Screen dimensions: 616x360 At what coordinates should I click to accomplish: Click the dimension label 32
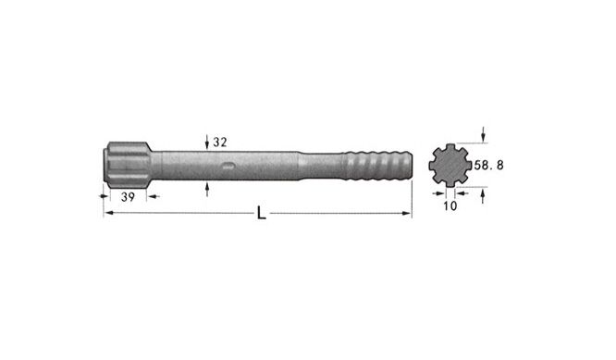coord(220,143)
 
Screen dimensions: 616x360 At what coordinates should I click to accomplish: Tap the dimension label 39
coord(128,197)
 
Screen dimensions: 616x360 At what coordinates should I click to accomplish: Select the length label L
coord(261,214)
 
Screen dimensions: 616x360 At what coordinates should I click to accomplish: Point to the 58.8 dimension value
coord(488,165)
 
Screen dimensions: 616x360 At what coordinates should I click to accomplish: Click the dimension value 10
coord(450,205)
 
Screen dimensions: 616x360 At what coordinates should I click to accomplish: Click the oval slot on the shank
coord(228,166)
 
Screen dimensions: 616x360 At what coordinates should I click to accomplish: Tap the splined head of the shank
coord(127,162)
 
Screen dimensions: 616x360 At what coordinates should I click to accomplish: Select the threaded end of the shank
coord(378,165)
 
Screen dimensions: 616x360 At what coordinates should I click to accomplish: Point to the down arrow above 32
coord(207,142)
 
